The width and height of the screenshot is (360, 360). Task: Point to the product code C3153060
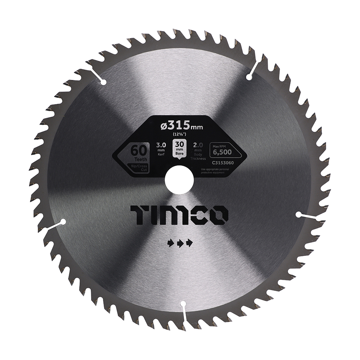pyautogui.click(x=223, y=163)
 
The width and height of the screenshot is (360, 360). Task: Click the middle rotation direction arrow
pyautogui.click(x=180, y=244)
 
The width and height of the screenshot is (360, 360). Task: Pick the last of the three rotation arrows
pyautogui.click(x=189, y=244)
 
